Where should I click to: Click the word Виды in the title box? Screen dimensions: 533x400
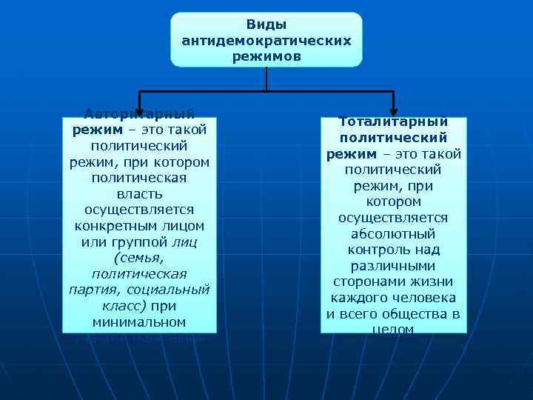pyautogui.click(x=266, y=24)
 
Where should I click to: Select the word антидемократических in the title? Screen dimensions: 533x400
pyautogui.click(x=266, y=40)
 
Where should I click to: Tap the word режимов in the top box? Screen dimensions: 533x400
pyautogui.click(x=266, y=56)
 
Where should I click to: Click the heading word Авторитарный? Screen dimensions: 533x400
pyautogui.click(x=140, y=114)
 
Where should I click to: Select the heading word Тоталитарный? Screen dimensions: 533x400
pyautogui.click(x=393, y=121)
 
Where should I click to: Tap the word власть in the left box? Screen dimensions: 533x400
pyautogui.click(x=139, y=194)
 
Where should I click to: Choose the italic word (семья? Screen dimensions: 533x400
pyautogui.click(x=139, y=259)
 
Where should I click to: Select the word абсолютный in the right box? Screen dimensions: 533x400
pyautogui.click(x=393, y=234)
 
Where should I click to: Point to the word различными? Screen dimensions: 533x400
pyautogui.click(x=393, y=266)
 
